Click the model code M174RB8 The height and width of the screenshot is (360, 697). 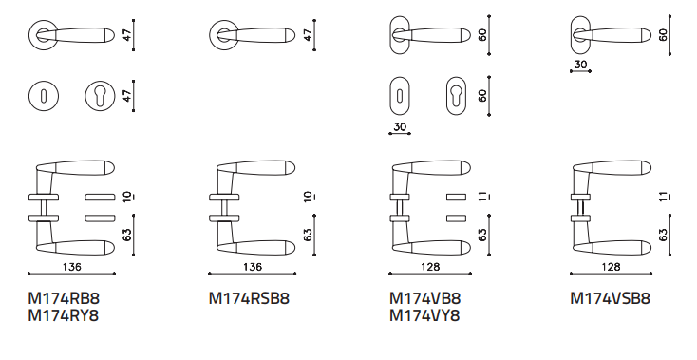[x=63, y=298]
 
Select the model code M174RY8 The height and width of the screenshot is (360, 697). [x=63, y=315]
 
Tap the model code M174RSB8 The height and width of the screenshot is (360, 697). [x=249, y=298]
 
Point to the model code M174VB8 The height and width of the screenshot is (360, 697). [x=425, y=298]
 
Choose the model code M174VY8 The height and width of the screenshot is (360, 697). [x=425, y=315]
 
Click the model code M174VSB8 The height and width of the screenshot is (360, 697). [x=611, y=298]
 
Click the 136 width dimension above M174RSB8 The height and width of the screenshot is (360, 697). [x=253, y=267]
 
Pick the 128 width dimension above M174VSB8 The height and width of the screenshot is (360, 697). [x=611, y=267]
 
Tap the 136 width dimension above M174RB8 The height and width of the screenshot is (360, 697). [x=72, y=267]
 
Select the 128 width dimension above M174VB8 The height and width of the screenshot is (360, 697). [x=430, y=267]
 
